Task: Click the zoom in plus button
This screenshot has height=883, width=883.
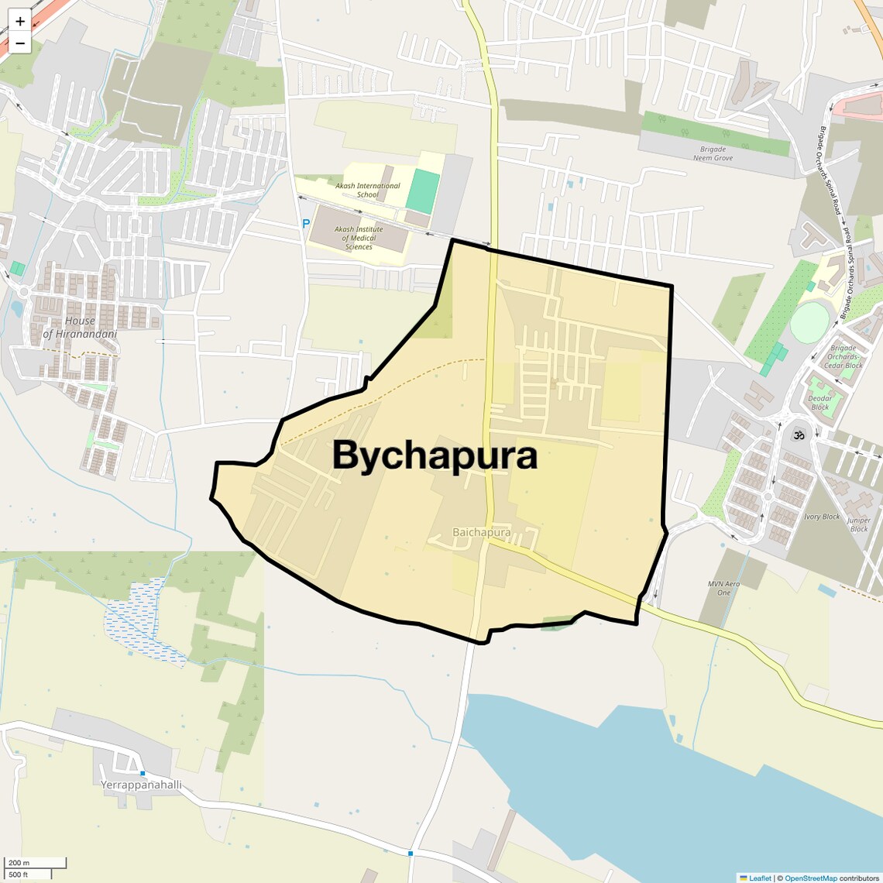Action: [20, 22]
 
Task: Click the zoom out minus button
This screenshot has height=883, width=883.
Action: [20, 43]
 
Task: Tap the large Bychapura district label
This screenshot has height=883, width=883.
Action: [435, 455]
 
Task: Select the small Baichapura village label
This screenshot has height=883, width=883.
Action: [481, 532]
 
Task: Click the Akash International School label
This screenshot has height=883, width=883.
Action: [368, 190]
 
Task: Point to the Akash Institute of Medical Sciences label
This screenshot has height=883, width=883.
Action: [359, 238]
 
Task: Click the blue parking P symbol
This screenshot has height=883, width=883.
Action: [306, 223]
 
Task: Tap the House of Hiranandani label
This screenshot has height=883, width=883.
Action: [80, 327]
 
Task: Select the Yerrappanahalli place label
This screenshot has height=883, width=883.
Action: [141, 785]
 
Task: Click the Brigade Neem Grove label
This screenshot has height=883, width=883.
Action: [713, 153]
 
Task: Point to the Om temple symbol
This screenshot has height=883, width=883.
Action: [798, 435]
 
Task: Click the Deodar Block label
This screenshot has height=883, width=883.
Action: [820, 403]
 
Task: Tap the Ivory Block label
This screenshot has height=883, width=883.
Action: [822, 517]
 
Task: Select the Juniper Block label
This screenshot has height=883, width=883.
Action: [859, 524]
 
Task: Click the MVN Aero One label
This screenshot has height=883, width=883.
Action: [723, 588]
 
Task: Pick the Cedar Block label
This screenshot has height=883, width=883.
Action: [843, 361]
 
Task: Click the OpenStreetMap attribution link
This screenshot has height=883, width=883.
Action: [810, 878]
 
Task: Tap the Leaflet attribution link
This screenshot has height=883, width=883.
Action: [760, 878]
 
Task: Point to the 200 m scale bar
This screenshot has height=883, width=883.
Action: [36, 863]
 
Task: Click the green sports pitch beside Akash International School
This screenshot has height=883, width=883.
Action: [422, 192]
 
